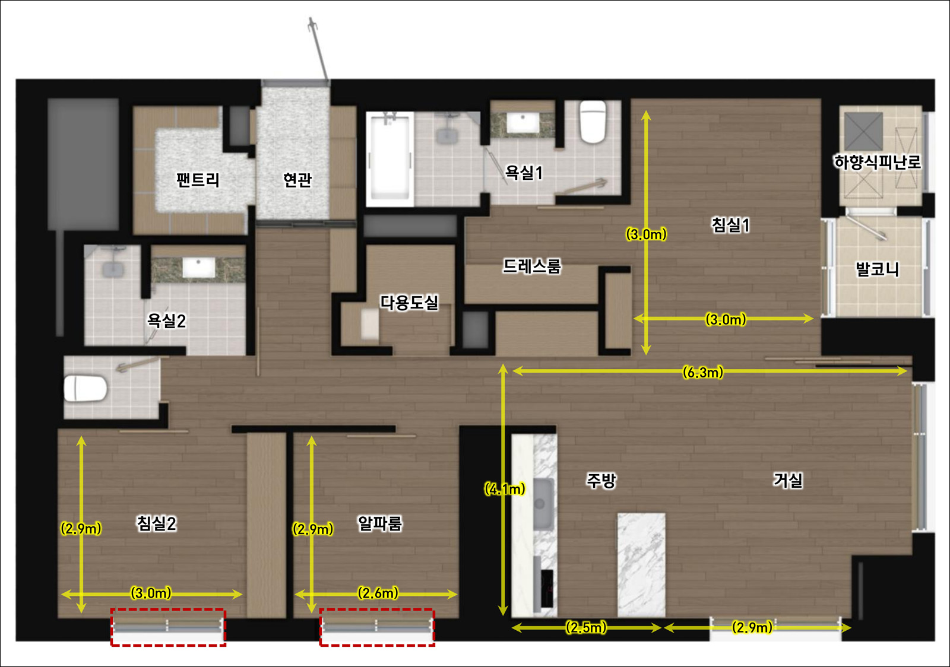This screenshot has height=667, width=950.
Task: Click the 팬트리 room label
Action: [198, 180]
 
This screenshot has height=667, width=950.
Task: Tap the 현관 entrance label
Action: [297, 180]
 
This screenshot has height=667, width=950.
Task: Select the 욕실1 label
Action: [524, 173]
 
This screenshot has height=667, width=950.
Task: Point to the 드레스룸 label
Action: [532, 266]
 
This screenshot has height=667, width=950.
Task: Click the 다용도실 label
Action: [409, 303]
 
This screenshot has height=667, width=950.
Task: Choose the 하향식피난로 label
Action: [878, 162]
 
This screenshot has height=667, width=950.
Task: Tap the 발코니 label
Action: [877, 269]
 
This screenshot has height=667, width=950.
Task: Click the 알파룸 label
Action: [379, 523]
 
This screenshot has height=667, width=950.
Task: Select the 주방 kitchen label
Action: [600, 481]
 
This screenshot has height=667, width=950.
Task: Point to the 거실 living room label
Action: [788, 480]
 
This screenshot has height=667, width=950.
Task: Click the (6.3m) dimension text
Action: [703, 372]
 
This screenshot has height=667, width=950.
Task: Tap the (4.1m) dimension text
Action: [505, 489]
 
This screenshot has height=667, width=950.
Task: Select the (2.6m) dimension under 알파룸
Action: [378, 593]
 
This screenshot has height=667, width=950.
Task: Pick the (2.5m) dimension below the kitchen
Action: [586, 627]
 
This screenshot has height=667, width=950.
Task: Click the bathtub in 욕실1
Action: [389, 160]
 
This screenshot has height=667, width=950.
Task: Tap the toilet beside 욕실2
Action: [85, 388]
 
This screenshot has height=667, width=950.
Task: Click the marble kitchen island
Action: [641, 565]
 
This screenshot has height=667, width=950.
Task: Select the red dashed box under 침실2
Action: [168, 627]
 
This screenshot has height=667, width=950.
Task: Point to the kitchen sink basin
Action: [543, 504]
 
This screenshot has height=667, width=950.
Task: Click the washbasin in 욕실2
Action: [198, 268]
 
